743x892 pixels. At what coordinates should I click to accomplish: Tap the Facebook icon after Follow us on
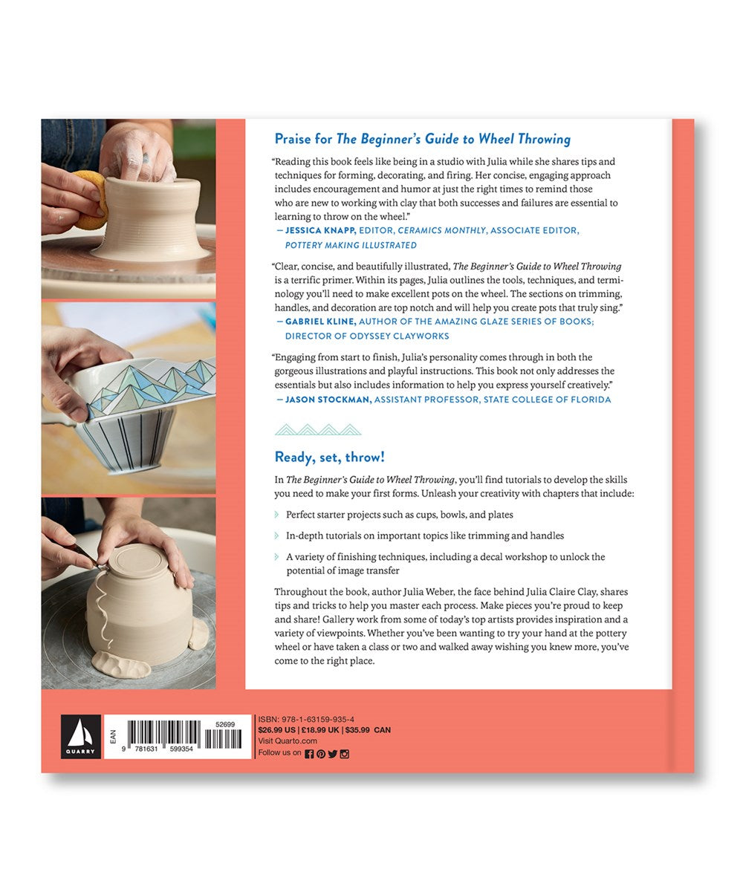pyautogui.click(x=309, y=754)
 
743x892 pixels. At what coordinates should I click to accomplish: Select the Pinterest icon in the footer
pyautogui.click(x=321, y=754)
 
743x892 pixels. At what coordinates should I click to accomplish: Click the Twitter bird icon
pyautogui.click(x=333, y=754)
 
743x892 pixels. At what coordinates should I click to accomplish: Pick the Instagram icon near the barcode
pyautogui.click(x=344, y=754)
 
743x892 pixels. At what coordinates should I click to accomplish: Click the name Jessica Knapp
pyautogui.click(x=320, y=230)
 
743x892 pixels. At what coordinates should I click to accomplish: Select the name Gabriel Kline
pyautogui.click(x=320, y=322)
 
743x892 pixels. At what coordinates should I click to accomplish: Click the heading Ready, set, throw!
pyautogui.click(x=330, y=457)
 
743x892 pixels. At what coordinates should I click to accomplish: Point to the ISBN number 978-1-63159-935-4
pyautogui.click(x=318, y=720)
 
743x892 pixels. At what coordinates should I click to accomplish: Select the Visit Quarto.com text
pyautogui.click(x=288, y=740)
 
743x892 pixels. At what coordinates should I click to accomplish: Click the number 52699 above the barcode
pyautogui.click(x=225, y=725)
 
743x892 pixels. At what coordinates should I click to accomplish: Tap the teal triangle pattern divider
pyautogui.click(x=318, y=429)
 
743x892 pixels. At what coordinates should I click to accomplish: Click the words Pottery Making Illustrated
pyautogui.click(x=351, y=245)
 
